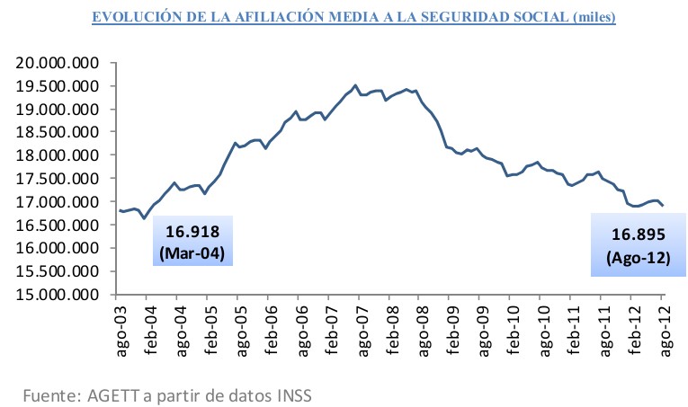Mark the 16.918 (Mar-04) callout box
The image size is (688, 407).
coord(191,241)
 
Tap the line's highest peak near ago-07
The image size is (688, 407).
coord(356,85)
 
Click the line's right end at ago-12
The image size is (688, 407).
coord(663,206)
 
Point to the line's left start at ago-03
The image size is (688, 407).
coord(119,210)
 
